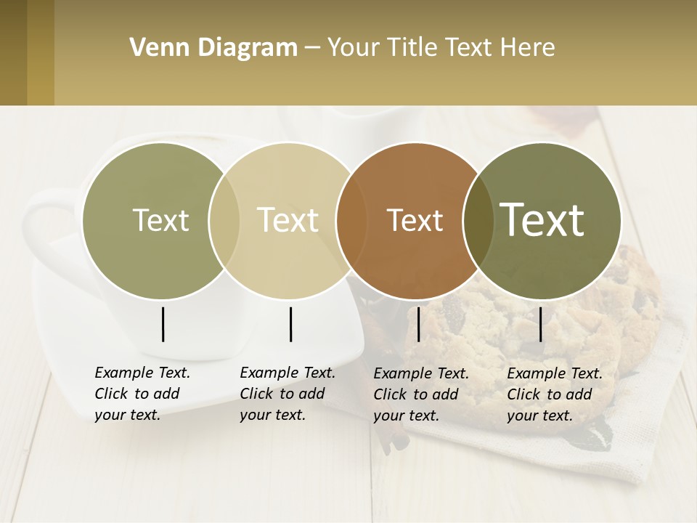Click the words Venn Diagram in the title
coord(213,48)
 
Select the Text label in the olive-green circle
coord(160,221)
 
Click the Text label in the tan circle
coord(288,220)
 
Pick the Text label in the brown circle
coord(415,221)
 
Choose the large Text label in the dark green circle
coord(542,220)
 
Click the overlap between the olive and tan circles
coord(224,221)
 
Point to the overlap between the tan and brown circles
coord(351,221)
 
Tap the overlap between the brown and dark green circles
coord(478,221)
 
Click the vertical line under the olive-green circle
coord(163,324)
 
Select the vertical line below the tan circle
coord(290,324)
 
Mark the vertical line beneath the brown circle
coord(418,324)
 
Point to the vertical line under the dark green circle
coord(540,324)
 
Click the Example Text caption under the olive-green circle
coord(142,394)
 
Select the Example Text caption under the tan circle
coord(287,394)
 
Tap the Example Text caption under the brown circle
coord(420,394)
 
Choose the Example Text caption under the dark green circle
coord(554,394)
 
